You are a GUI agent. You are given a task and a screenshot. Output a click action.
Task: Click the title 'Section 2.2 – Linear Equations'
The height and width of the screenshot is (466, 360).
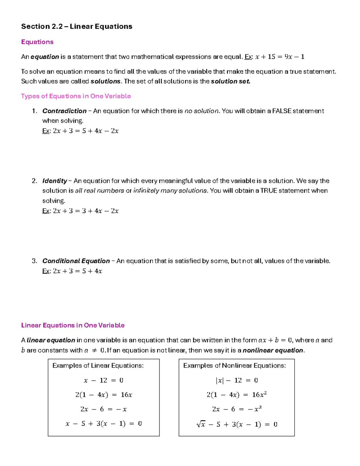[x=76, y=26]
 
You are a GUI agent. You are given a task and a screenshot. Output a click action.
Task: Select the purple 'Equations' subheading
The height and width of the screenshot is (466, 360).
[x=37, y=42]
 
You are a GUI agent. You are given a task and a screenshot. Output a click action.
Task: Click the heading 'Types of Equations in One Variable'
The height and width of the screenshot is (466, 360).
[x=76, y=96]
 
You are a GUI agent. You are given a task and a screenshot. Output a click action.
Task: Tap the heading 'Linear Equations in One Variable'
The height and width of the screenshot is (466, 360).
[x=73, y=325]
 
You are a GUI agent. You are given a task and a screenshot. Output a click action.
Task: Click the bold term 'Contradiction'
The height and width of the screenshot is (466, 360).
[x=64, y=111]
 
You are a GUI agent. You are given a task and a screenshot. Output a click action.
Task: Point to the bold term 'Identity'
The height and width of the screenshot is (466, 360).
[x=55, y=181]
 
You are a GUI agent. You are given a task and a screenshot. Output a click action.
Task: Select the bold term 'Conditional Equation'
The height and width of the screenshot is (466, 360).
[x=76, y=261]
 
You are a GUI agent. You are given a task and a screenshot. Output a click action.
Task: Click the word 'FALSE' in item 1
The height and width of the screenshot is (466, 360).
[x=282, y=111]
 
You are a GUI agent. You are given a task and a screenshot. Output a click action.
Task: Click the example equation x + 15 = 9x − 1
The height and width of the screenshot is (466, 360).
[x=279, y=57]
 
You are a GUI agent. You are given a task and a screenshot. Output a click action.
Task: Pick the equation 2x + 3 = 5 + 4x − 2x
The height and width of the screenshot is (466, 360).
[x=85, y=131]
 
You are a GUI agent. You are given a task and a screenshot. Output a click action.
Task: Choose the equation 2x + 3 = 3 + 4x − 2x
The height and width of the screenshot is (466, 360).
[x=85, y=211]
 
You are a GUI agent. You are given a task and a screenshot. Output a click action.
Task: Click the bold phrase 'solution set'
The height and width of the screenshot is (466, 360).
[x=230, y=81]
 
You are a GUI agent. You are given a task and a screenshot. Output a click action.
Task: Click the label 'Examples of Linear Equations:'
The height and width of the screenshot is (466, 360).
[x=98, y=365]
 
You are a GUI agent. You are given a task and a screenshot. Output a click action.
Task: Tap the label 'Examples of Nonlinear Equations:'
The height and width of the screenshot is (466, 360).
[x=234, y=365]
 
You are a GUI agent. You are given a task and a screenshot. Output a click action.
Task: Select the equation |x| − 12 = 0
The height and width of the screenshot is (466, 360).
[x=236, y=380]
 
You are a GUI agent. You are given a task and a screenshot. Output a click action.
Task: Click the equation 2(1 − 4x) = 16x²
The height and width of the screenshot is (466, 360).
[x=236, y=395]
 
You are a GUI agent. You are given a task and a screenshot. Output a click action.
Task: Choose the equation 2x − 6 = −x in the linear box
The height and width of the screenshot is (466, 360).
[x=103, y=409]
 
